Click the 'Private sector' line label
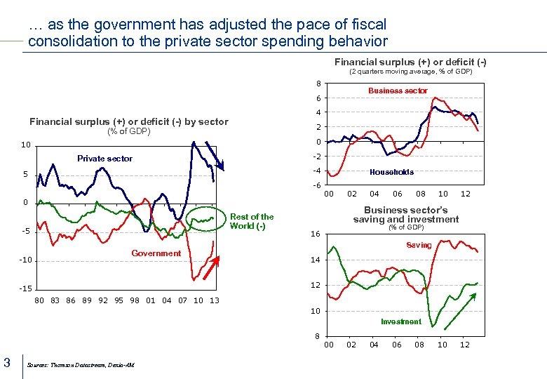[104, 159]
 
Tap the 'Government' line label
[156, 253]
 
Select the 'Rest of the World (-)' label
[252, 221]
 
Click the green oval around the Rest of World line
[207, 220]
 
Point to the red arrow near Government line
[211, 267]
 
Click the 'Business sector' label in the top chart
[398, 91]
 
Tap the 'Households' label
[391, 172]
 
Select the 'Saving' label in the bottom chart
[419, 245]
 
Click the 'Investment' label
[401, 321]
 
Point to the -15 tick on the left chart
[25, 289]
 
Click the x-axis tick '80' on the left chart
[40, 300]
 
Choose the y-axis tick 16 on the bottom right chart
[316, 234]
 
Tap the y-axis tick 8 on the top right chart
[318, 84]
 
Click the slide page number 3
[7, 362]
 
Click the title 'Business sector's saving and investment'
[405, 215]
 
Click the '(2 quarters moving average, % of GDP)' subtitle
[410, 72]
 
